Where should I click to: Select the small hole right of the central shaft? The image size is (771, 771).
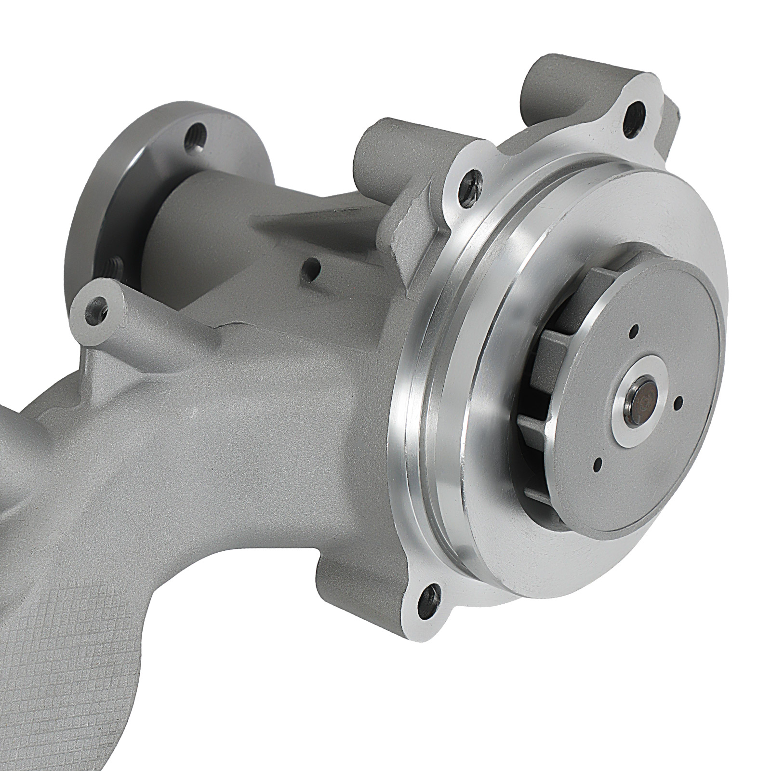(x=680, y=401)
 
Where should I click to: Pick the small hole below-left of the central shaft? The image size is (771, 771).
(x=598, y=465)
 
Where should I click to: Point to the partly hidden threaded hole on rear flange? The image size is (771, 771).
(x=114, y=265)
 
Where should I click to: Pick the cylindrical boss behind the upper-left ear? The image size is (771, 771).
(x=371, y=145)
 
